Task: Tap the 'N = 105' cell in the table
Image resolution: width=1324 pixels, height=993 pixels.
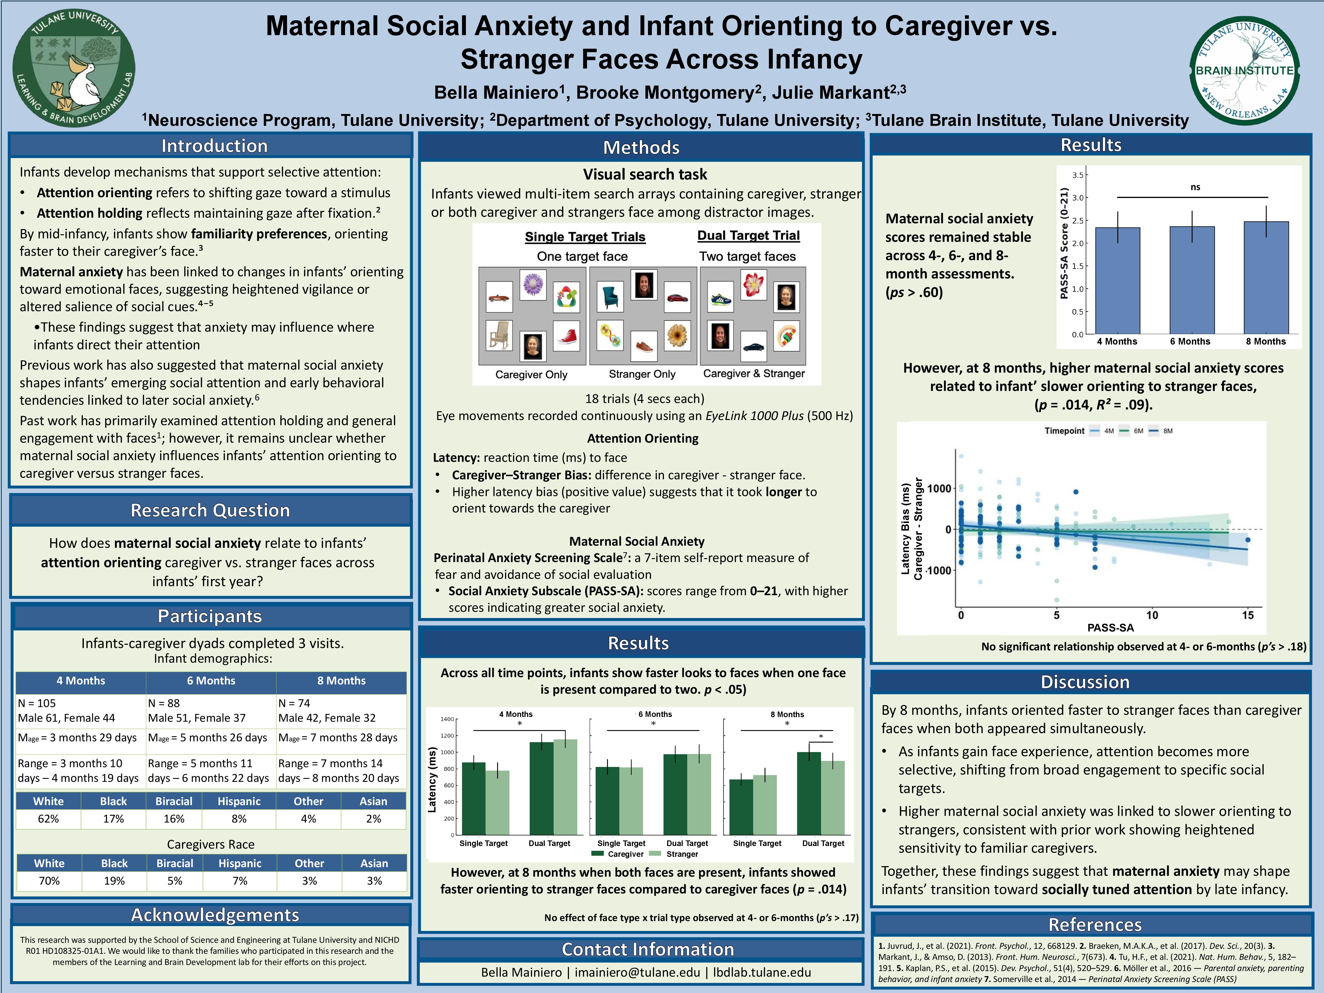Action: coord(37,703)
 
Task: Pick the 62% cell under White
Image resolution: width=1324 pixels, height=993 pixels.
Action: coord(48,819)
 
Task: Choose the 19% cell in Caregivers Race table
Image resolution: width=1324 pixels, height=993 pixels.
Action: coord(114,881)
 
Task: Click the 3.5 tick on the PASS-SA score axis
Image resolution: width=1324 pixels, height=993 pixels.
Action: coord(1077,175)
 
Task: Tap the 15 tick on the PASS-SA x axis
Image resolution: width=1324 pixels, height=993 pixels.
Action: coord(1247,615)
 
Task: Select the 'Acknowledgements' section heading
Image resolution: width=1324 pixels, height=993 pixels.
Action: coord(215,915)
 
